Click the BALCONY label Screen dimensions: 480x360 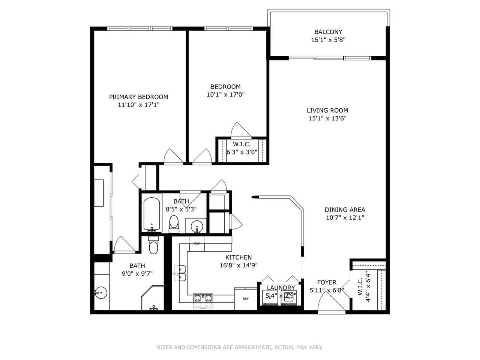[x=328, y=32]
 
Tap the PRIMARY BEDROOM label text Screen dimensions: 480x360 [x=138, y=97]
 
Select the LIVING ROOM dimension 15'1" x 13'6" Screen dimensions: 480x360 [x=327, y=118]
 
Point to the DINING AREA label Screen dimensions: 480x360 [x=345, y=210]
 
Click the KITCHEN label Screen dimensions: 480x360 [x=238, y=257]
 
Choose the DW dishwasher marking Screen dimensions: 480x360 [x=197, y=243]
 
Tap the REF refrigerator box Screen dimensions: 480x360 [x=246, y=299]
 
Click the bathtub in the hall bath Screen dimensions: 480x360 [x=152, y=214]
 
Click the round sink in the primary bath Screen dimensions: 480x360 [x=101, y=292]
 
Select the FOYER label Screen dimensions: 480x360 [x=327, y=282]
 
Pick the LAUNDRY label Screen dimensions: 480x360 [x=281, y=287]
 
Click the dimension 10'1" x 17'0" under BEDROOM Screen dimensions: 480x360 [x=225, y=94]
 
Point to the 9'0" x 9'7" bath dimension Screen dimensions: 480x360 [x=137, y=273]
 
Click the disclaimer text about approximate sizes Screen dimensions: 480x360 [x=240, y=347]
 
